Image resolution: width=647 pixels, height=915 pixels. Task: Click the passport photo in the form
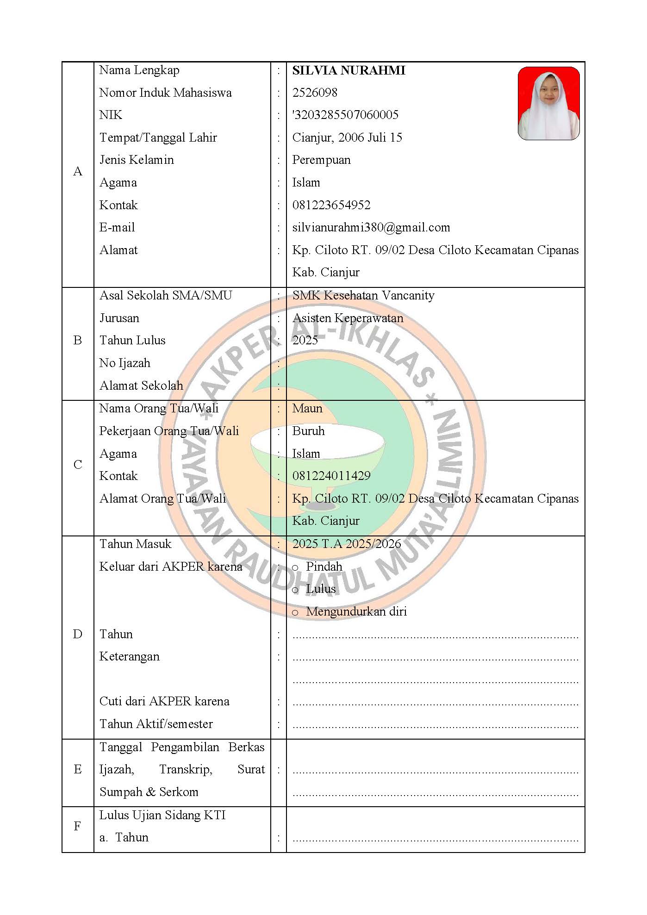548,103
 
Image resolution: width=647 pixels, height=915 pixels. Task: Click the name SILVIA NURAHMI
348,70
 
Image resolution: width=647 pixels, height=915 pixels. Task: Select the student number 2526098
315,93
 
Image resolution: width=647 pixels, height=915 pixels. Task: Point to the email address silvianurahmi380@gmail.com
371,227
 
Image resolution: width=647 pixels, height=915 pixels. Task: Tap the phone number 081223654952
331,205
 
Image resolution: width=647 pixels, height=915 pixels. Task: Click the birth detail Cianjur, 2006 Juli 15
347,137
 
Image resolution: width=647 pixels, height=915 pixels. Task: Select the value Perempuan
321,160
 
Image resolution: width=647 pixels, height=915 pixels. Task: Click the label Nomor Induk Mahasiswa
165,93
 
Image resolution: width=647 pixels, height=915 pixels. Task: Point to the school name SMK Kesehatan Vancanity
363,295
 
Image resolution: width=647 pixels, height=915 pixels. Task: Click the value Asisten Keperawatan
348,318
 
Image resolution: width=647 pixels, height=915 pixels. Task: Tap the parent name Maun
307,408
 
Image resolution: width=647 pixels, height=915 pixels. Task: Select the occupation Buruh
308,431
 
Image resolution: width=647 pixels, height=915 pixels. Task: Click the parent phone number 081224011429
331,476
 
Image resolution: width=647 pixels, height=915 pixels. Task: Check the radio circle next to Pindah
295,567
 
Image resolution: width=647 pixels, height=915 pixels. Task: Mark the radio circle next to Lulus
295,590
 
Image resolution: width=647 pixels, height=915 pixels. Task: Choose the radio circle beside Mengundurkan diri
295,613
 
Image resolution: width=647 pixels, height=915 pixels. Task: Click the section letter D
78,634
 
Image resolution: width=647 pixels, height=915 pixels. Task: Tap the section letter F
78,826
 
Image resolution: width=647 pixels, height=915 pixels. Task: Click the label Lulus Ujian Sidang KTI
162,815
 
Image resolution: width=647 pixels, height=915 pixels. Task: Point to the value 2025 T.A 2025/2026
346,544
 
